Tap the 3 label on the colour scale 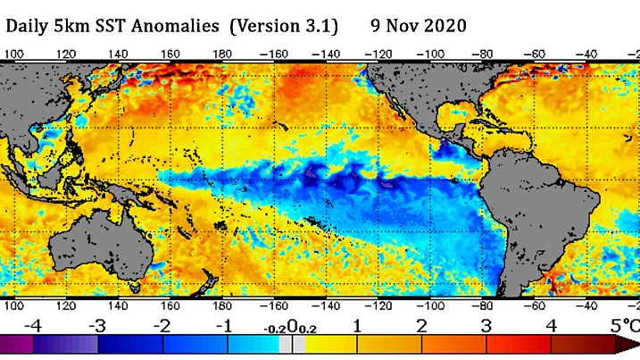[x=486, y=325]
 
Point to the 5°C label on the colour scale [x=623, y=324]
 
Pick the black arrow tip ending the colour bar [x=631, y=345]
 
